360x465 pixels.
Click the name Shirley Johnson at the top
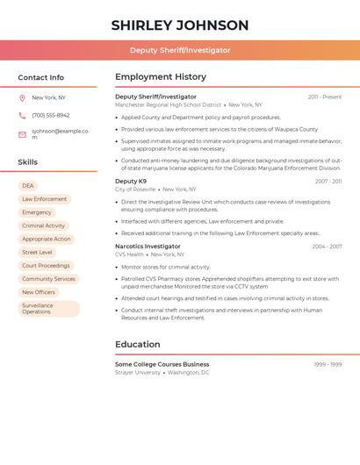[x=180, y=25]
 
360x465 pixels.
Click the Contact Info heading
[x=41, y=77]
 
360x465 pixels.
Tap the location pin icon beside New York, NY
[x=22, y=97]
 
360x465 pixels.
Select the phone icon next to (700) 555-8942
[x=22, y=115]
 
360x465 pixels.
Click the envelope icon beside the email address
[x=22, y=134]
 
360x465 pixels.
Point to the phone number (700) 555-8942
[x=51, y=115]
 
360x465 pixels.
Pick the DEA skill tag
[x=28, y=186]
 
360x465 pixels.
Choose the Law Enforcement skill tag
[x=44, y=199]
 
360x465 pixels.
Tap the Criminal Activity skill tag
[x=44, y=225]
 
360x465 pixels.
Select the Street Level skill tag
[x=37, y=252]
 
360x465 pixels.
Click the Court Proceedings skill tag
[x=46, y=265]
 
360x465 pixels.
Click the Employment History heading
[x=161, y=77]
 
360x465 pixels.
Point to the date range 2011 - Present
[x=325, y=97]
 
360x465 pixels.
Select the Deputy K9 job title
[x=131, y=182]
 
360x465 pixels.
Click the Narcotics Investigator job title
[x=148, y=247]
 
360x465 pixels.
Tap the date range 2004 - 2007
[x=327, y=247]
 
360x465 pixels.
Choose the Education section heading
[x=138, y=344]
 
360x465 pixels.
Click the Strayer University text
[x=138, y=372]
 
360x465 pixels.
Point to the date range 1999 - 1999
[x=328, y=364]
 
